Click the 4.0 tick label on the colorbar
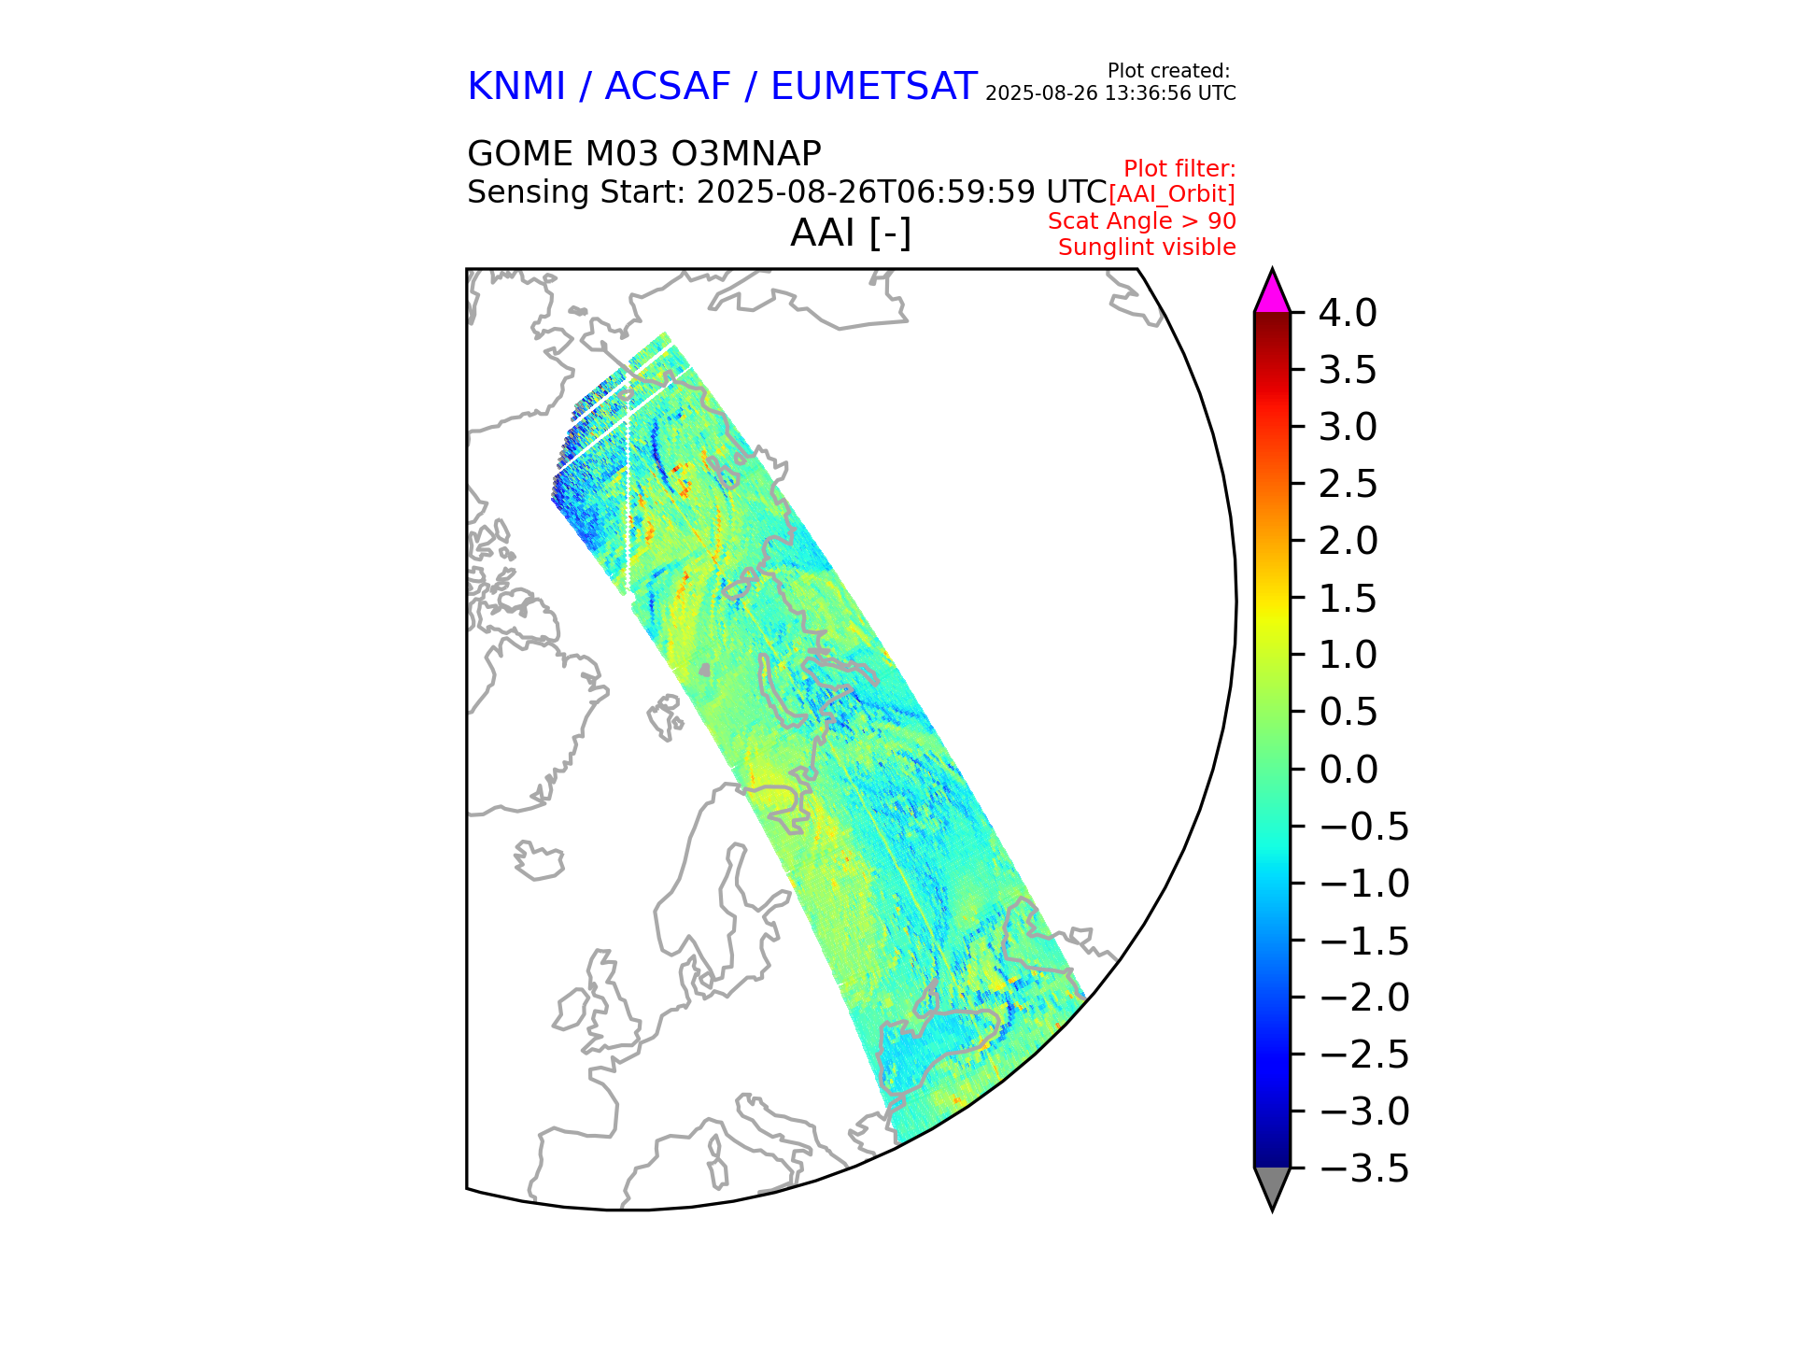pyautogui.click(x=1347, y=314)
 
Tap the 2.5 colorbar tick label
pyautogui.click(x=1348, y=485)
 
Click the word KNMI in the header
pyautogui.click(x=516, y=87)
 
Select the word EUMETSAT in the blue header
pyautogui.click(x=873, y=87)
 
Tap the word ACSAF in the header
pyautogui.click(x=668, y=87)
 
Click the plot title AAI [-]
pyautogui.click(x=850, y=233)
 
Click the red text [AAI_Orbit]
pyautogui.click(x=1171, y=194)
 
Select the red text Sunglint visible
pyautogui.click(x=1147, y=248)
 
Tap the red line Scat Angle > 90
pyautogui.click(x=1141, y=221)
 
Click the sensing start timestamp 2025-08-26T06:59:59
pyautogui.click(x=866, y=192)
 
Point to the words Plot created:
pyautogui.click(x=1168, y=71)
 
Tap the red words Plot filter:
pyautogui.click(x=1179, y=169)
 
